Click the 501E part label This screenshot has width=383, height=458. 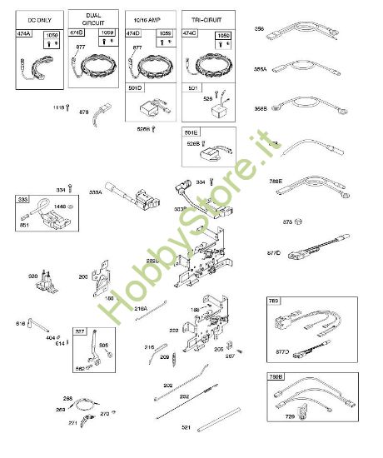click(x=191, y=133)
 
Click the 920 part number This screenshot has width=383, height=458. click(x=33, y=276)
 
